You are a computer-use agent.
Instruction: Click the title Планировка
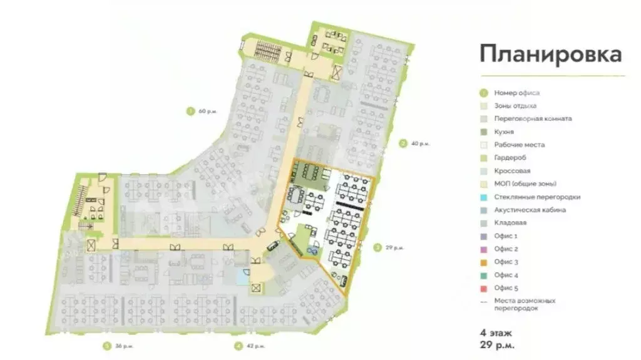pyautogui.click(x=551, y=54)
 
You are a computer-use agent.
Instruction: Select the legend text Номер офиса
pyautogui.click(x=516, y=93)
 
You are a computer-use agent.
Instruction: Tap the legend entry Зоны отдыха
pyautogui.click(x=515, y=106)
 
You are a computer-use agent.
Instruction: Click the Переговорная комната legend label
pyautogui.click(x=532, y=119)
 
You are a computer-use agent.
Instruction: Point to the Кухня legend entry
pyautogui.click(x=504, y=132)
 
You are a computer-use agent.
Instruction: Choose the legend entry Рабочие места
pyautogui.click(x=519, y=145)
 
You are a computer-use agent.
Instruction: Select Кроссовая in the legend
pyautogui.click(x=512, y=171)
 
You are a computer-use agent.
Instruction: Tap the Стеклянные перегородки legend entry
pyautogui.click(x=536, y=197)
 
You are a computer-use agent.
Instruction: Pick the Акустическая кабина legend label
pyautogui.click(x=530, y=210)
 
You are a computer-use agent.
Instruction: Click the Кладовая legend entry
pyautogui.click(x=510, y=223)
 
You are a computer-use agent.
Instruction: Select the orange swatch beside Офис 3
pyautogui.click(x=483, y=262)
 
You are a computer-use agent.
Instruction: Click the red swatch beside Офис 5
pyautogui.click(x=483, y=289)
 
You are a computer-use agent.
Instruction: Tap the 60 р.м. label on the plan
pyautogui.click(x=208, y=111)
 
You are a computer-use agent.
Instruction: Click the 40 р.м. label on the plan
pyautogui.click(x=420, y=144)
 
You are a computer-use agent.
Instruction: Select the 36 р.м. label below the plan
pyautogui.click(x=124, y=346)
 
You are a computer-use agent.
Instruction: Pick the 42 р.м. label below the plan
pyautogui.click(x=255, y=346)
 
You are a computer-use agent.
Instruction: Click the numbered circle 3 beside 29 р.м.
pyautogui.click(x=377, y=248)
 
